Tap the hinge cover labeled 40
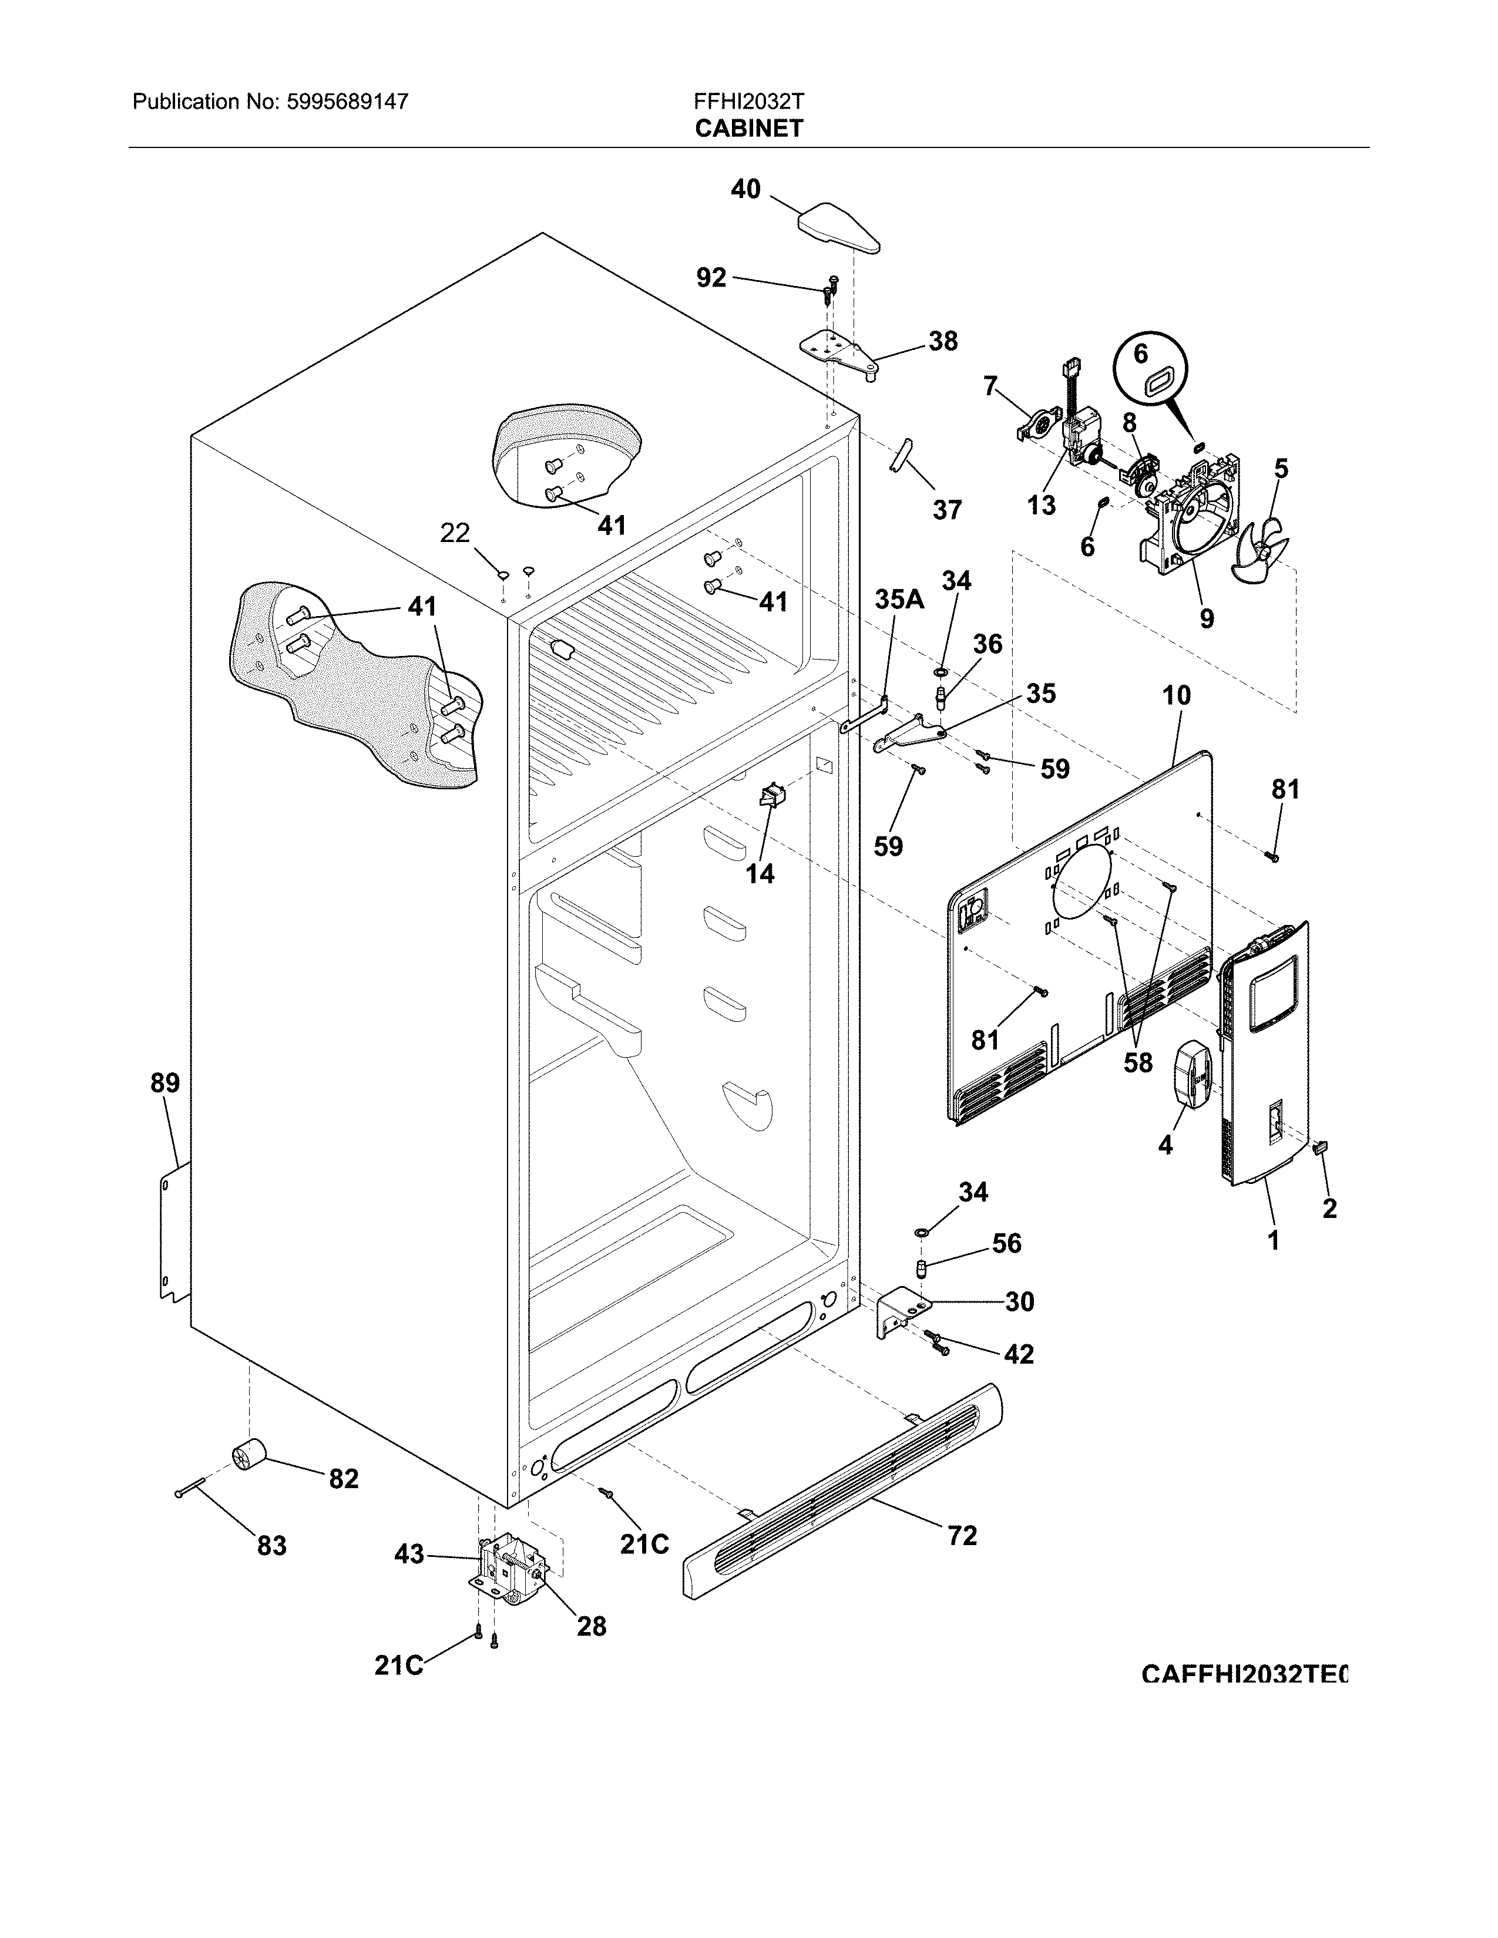click(x=839, y=226)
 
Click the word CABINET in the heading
click(x=749, y=129)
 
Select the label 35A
click(x=899, y=600)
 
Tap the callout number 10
click(x=1176, y=696)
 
